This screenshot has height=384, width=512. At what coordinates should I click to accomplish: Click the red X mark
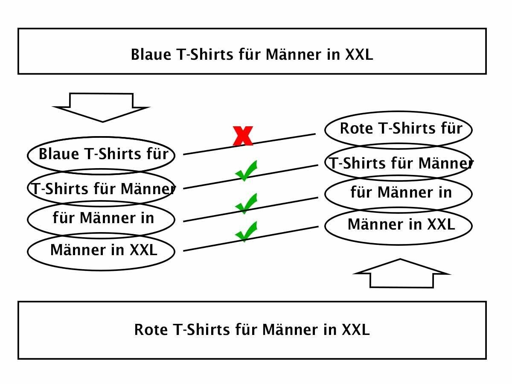(243, 136)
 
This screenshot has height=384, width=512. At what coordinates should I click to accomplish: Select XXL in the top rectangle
(358, 55)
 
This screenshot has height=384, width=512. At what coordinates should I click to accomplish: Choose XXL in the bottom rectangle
(355, 330)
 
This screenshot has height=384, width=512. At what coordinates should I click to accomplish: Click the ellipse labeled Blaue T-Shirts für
(102, 154)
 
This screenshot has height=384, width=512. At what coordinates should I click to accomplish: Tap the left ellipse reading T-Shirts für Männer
(102, 188)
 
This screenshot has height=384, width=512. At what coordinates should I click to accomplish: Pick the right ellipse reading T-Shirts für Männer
(399, 163)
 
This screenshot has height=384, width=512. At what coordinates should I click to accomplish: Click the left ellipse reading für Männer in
(102, 218)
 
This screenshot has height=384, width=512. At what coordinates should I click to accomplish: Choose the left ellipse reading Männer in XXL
(102, 250)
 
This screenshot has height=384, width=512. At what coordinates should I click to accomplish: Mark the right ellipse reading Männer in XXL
(399, 225)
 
